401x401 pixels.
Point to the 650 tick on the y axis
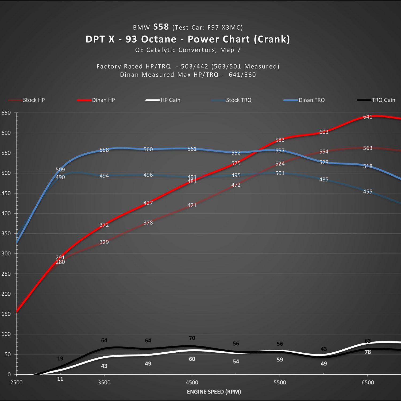6,113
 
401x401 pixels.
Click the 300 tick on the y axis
6,253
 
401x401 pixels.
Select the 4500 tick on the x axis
192,382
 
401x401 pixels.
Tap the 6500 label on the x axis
368,382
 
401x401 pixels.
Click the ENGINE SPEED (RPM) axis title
214,392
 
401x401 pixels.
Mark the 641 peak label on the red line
368,117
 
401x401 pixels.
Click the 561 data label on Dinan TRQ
192,149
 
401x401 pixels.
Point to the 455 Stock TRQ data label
368,192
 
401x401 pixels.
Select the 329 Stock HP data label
104,242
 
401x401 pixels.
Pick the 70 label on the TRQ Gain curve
192,338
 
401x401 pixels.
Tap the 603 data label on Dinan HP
324,132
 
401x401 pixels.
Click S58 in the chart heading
161,27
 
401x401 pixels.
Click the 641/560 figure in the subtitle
242,75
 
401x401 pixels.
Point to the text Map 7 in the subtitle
230,50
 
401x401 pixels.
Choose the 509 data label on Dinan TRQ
60,169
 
